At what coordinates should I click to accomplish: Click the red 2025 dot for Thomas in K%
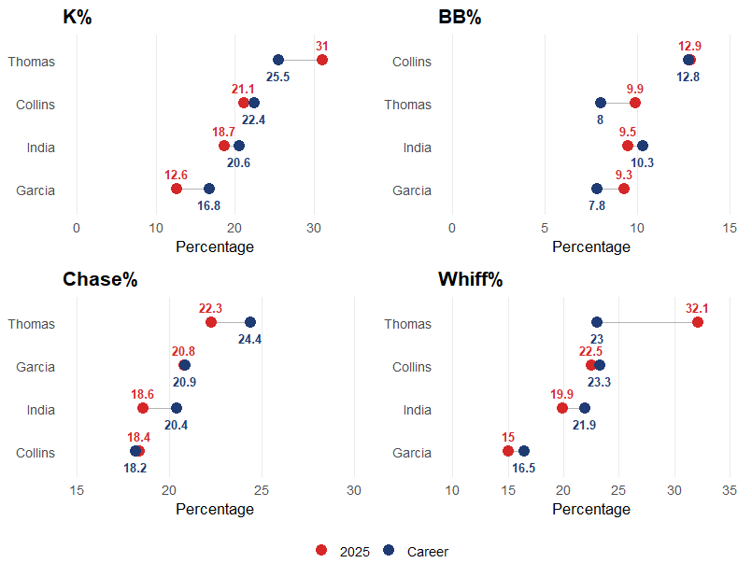click(322, 60)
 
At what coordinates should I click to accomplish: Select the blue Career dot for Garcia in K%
click(209, 190)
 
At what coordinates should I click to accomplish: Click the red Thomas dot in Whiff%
click(698, 322)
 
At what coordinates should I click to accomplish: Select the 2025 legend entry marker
click(321, 550)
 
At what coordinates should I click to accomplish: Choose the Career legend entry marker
click(389, 550)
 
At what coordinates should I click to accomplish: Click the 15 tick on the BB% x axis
click(731, 228)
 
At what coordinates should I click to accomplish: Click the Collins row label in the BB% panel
click(412, 62)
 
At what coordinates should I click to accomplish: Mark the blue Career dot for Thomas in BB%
click(601, 103)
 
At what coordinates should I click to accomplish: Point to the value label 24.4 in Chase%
click(249, 339)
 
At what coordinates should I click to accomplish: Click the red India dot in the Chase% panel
click(143, 408)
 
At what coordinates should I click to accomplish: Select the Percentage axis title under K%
click(215, 246)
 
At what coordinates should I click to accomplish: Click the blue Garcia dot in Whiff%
click(524, 451)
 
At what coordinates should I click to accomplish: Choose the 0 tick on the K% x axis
click(77, 228)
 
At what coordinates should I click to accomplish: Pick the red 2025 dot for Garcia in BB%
click(624, 189)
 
